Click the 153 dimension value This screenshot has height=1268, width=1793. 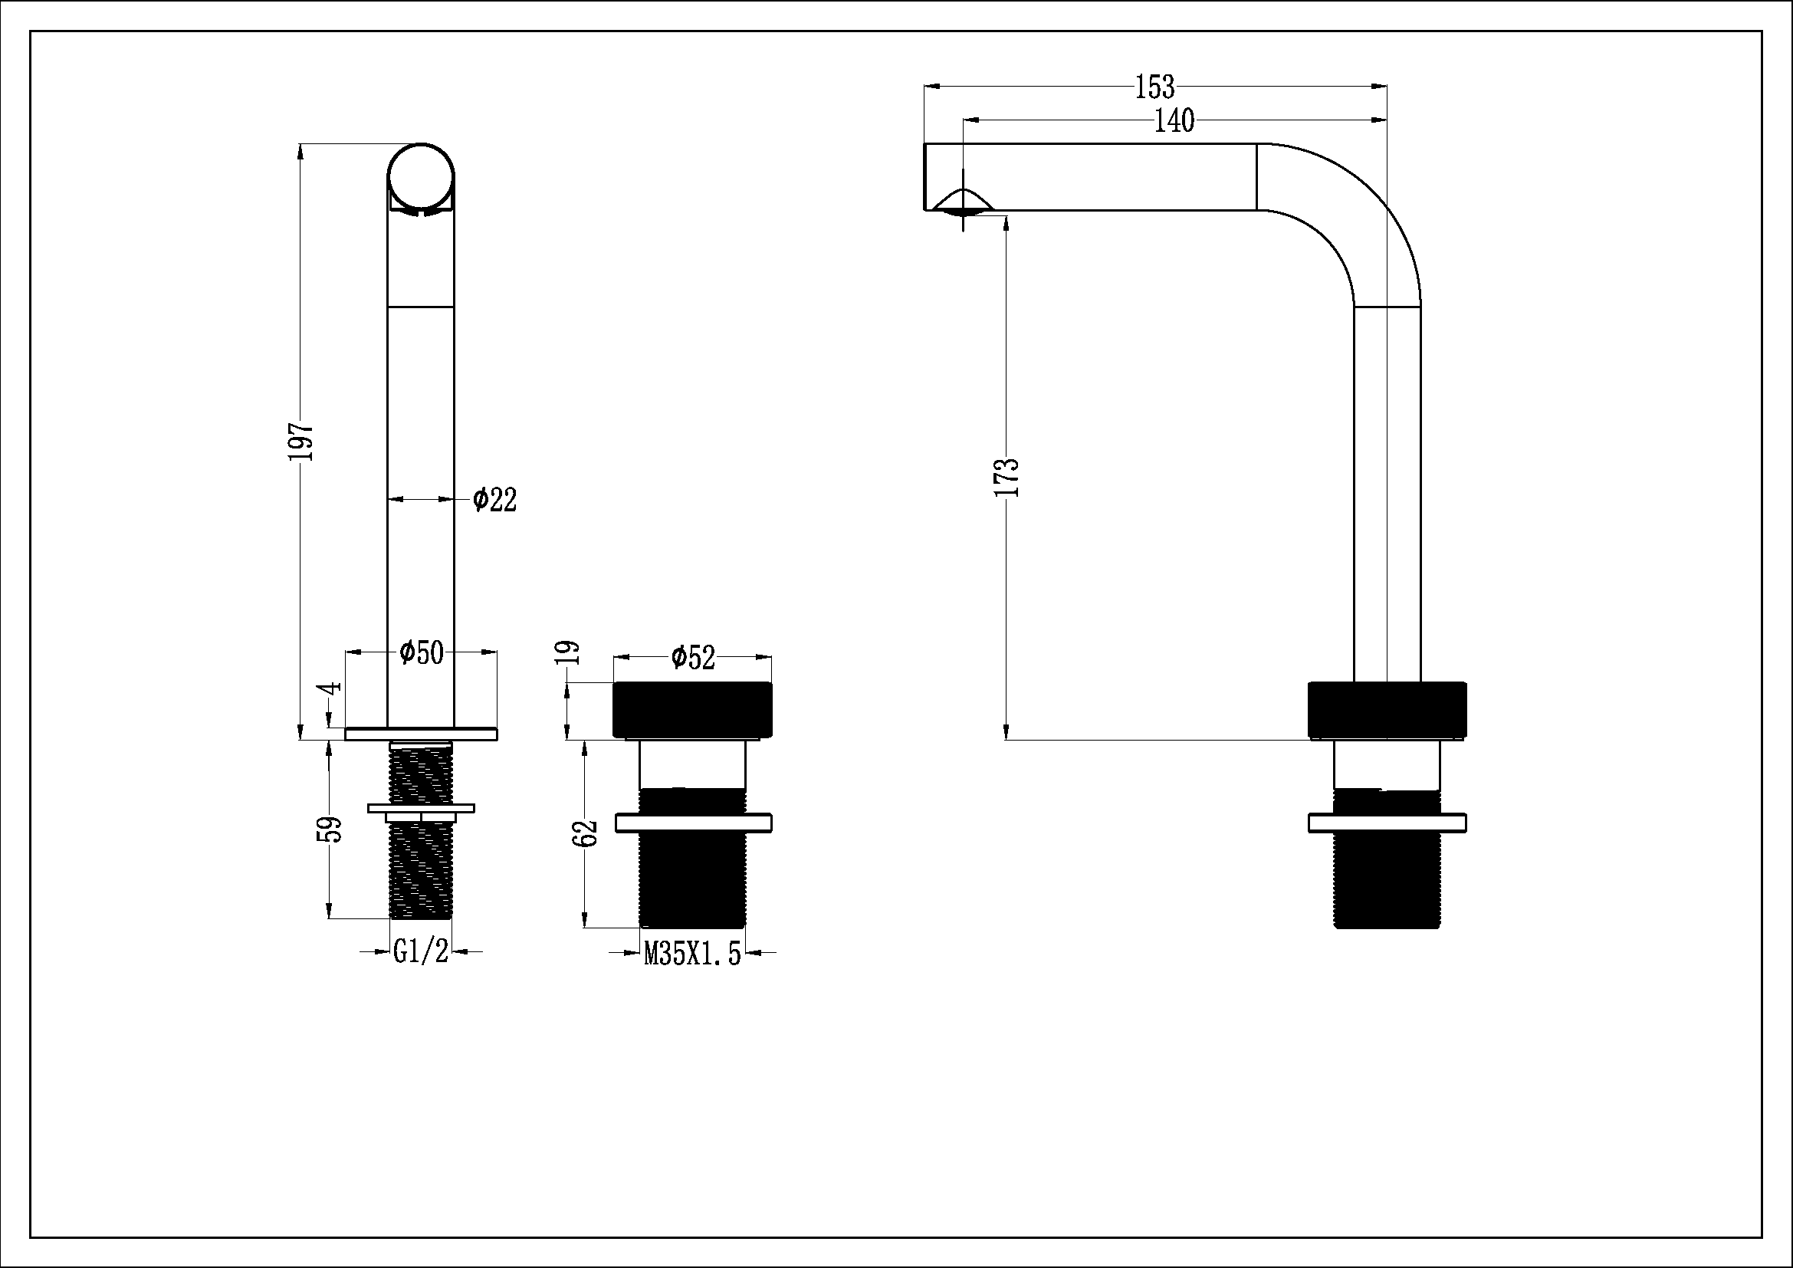pos(1154,87)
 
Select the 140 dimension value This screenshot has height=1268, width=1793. pos(1174,121)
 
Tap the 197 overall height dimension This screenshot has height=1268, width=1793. pos(301,441)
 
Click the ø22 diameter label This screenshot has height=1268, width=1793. pos(495,500)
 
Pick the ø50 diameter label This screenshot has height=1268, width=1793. pos(421,652)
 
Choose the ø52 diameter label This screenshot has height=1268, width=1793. pos(693,658)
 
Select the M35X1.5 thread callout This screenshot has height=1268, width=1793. pos(692,954)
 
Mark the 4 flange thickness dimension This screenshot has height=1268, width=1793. pos(332,688)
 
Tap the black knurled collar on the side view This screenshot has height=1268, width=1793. pos(1387,709)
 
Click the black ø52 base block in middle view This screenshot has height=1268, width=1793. pos(693,709)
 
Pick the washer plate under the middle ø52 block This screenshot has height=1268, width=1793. pos(694,822)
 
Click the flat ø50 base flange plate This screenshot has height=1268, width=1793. pos(421,733)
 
